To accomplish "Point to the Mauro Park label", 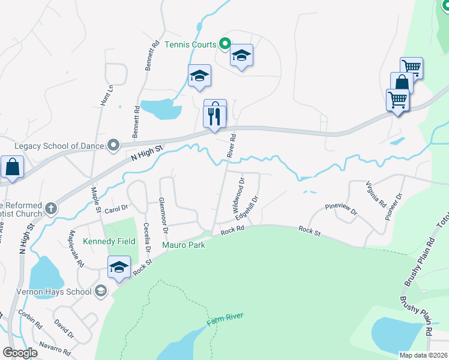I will coord(184,245).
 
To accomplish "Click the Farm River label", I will coord(225,320).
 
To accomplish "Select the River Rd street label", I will coord(232,146).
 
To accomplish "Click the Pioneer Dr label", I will coord(394,207).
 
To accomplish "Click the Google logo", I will coord(20,353).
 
